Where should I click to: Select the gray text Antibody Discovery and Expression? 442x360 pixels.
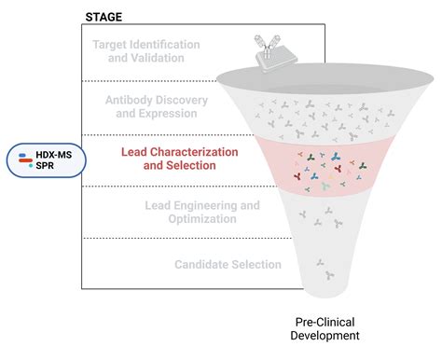pos(163,105)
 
